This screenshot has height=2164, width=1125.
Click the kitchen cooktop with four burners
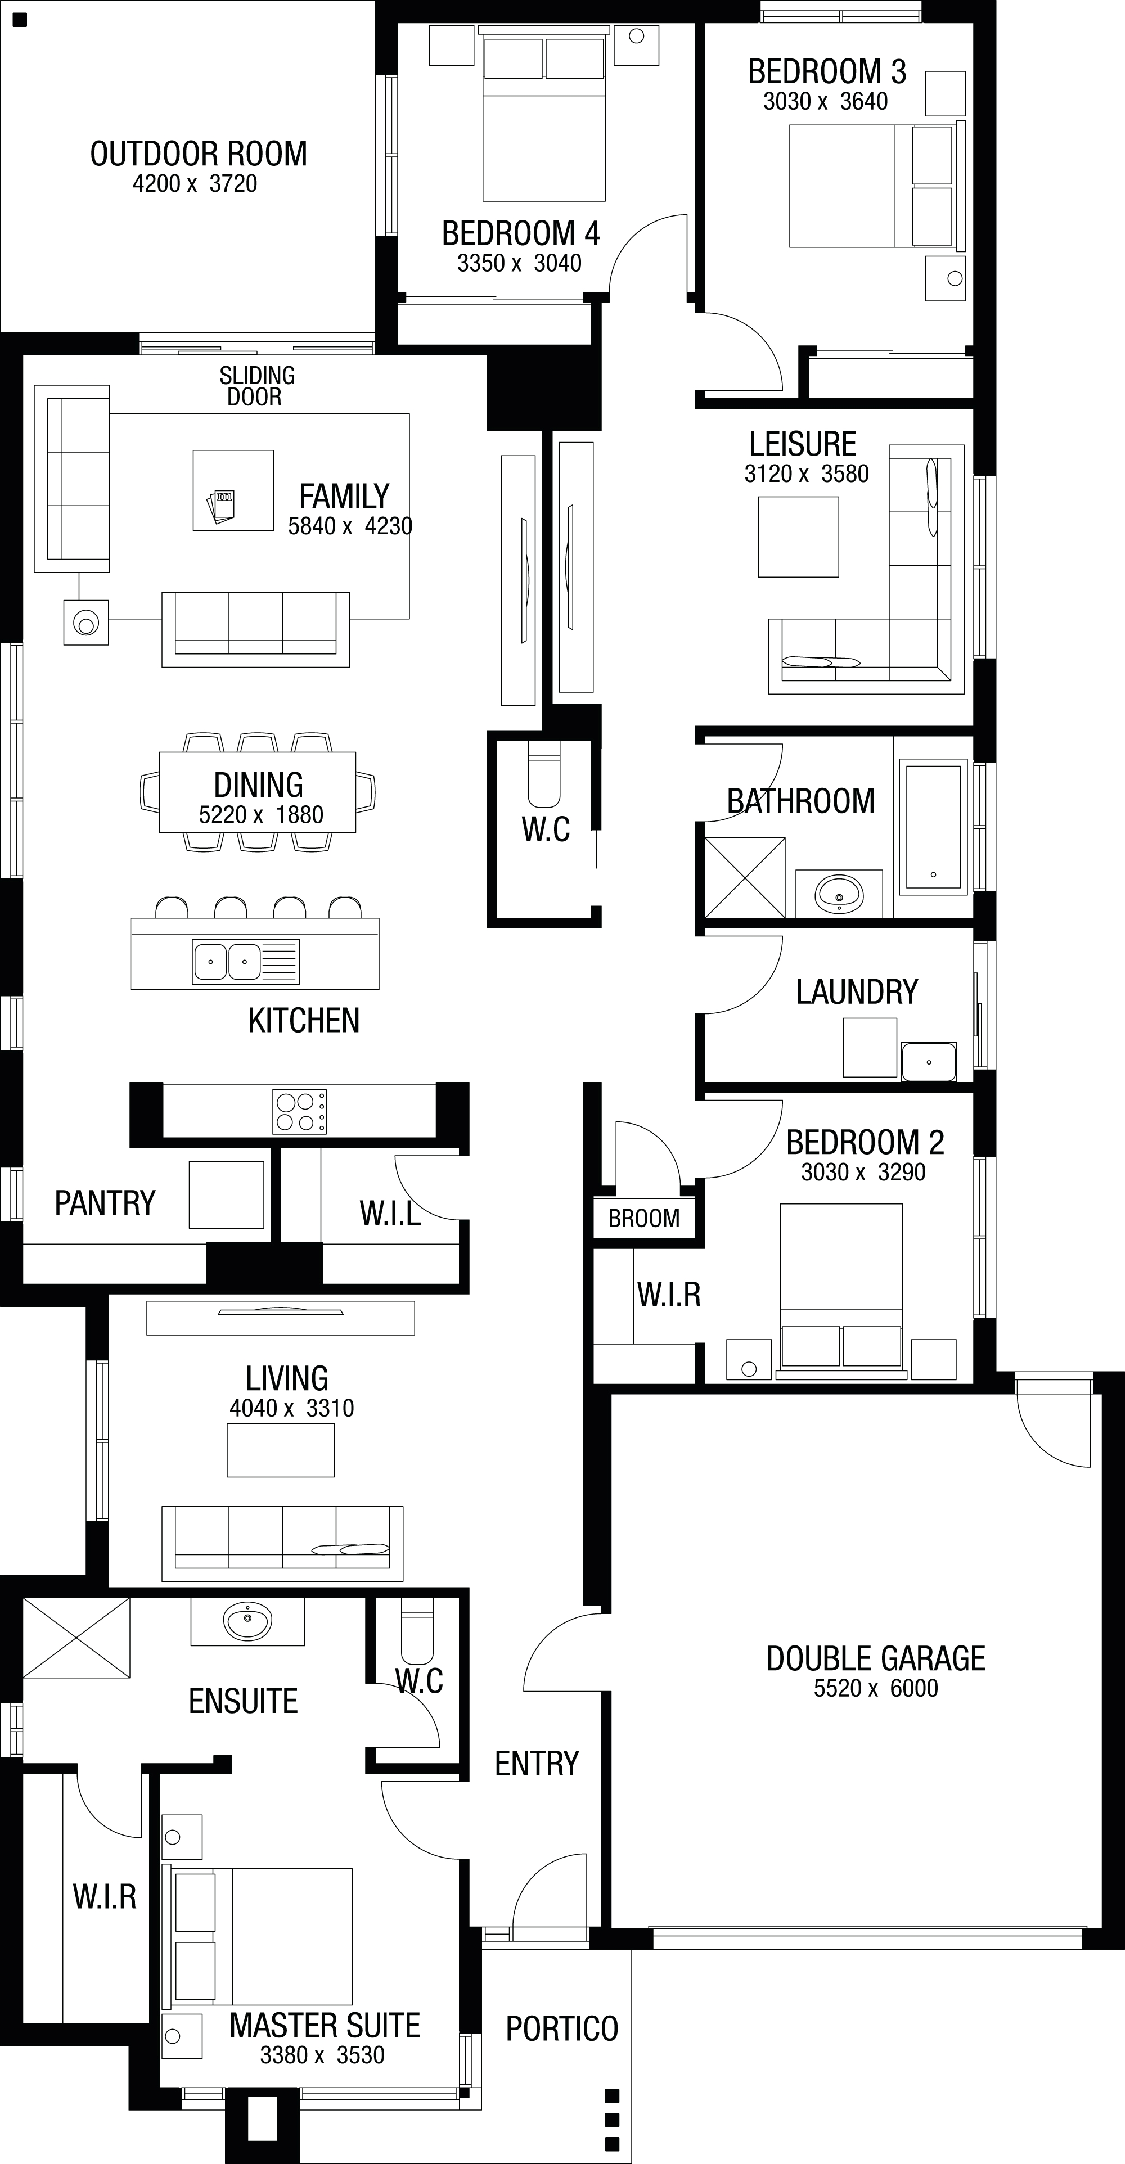coord(300,1111)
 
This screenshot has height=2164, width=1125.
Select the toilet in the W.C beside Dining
coord(543,774)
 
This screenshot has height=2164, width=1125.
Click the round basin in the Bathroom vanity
coord(839,894)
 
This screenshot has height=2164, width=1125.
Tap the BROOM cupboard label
coord(645,1218)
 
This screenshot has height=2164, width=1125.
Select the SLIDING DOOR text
coord(257,386)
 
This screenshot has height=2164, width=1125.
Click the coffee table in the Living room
coord(281,1450)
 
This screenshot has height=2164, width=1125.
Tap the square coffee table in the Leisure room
coord(798,537)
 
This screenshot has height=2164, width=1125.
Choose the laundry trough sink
coord(928,1061)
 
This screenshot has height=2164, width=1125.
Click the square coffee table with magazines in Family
coord(233,490)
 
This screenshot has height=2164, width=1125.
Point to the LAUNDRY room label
coord(857,992)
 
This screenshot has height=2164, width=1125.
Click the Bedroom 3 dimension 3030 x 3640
coord(825,102)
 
